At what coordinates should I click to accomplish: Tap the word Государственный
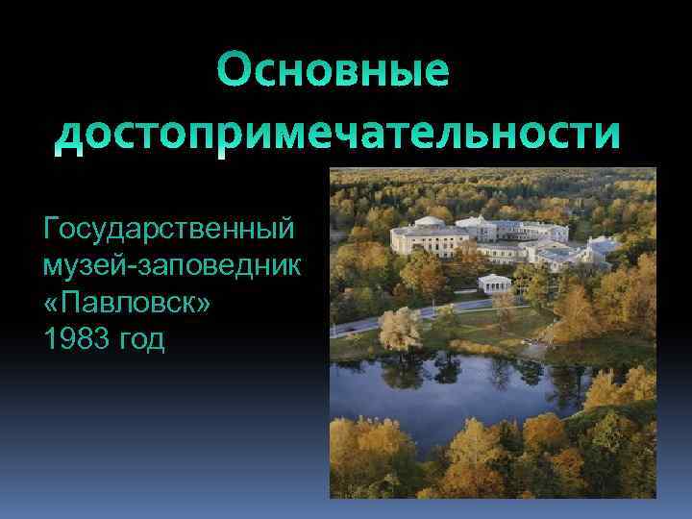[169, 232]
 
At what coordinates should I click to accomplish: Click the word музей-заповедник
[172, 262]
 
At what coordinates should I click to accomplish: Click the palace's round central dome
[429, 222]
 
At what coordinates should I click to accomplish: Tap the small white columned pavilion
[497, 284]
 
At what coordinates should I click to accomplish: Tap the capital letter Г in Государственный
[51, 232]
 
